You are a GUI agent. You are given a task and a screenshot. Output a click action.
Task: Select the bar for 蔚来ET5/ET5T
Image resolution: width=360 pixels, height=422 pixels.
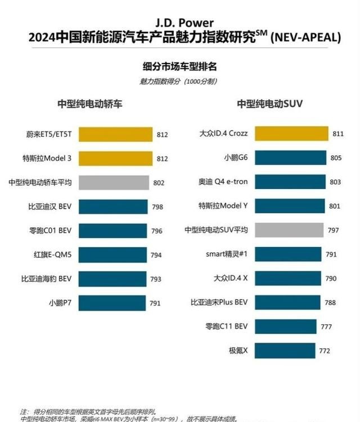point(115,134)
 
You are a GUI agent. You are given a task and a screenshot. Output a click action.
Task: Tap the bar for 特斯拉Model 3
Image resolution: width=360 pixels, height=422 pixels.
point(115,159)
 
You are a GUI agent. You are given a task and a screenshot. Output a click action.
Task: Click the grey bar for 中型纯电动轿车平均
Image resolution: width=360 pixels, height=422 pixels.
point(114,183)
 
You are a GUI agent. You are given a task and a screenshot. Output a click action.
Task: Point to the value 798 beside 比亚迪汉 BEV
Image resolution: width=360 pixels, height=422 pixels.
point(157,207)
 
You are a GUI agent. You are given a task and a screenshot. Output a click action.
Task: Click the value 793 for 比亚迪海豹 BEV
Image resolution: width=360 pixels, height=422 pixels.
point(155,280)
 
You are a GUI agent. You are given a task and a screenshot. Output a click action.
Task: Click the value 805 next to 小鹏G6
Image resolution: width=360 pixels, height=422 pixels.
point(336,158)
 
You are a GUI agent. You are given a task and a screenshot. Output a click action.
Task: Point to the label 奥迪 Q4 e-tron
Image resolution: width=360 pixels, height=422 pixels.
point(223,182)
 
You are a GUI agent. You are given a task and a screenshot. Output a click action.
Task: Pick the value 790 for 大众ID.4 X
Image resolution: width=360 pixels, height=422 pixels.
point(331,279)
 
